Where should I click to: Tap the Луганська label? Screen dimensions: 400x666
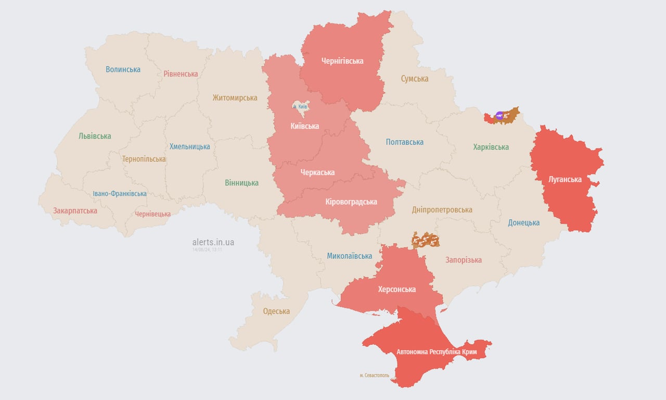[565, 179]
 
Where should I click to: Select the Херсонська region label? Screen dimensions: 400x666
[396, 289]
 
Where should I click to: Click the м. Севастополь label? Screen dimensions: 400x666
[374, 376]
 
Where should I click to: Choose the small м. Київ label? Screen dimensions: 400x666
[300, 107]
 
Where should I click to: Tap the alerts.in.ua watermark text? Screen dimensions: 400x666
[213, 242]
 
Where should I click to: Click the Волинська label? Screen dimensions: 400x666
[123, 69]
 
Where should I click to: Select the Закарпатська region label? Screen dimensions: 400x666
[75, 211]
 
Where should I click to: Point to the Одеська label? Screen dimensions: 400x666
[276, 311]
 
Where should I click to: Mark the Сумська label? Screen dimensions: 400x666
[415, 79]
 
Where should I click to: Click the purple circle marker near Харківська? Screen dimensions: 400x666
[499, 116]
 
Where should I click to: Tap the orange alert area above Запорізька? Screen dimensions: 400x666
[426, 240]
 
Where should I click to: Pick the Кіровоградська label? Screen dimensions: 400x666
[351, 202]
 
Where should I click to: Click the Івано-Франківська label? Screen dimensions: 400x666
[120, 194]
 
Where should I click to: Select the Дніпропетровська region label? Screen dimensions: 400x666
[442, 210]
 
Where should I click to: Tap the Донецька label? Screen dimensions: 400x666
[523, 222]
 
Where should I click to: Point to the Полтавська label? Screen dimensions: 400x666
[404, 142]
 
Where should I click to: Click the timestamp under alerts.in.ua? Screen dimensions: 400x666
[207, 250]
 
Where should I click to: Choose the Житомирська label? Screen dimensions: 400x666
[235, 97]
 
